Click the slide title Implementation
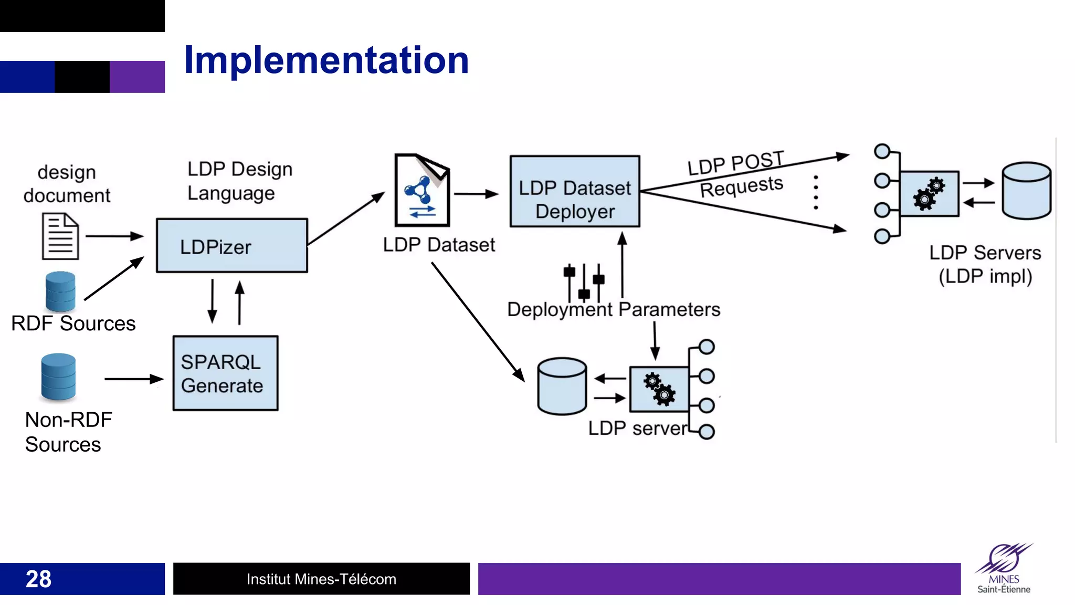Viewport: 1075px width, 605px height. click(x=326, y=60)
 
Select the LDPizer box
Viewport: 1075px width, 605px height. click(x=231, y=246)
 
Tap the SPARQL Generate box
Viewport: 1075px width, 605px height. click(x=225, y=373)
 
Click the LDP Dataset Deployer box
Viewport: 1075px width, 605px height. click(x=575, y=192)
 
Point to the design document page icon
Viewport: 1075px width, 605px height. click(x=60, y=236)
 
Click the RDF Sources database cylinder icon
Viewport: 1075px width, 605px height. click(x=60, y=291)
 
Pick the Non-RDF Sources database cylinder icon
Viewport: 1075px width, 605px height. click(x=58, y=377)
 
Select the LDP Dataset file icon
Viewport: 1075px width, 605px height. click(x=422, y=190)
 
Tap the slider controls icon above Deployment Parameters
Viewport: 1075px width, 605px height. click(x=584, y=283)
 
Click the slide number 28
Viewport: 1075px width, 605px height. click(x=38, y=579)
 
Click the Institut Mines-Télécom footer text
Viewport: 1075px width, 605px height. click(x=321, y=579)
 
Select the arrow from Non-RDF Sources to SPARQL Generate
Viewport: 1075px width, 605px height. click(x=134, y=379)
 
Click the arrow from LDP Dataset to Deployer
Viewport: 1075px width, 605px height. click(x=476, y=194)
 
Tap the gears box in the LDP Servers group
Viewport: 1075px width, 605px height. click(x=929, y=193)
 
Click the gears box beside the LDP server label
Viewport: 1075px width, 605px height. click(x=659, y=389)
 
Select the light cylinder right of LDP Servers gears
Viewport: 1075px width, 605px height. click(x=1026, y=190)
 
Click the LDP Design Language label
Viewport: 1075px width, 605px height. click(x=239, y=181)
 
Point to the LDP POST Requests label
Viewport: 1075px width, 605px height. click(x=737, y=174)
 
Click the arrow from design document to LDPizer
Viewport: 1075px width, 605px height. click(x=114, y=236)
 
